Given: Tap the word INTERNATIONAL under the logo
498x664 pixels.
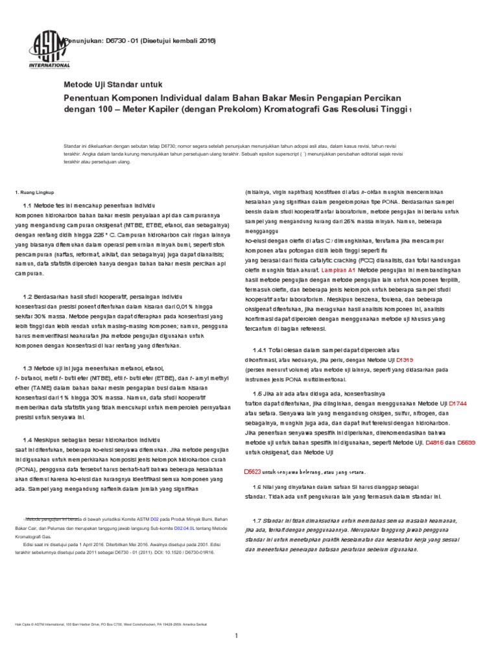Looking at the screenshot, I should pos(50,65).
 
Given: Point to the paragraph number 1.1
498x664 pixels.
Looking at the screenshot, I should pos(27,206).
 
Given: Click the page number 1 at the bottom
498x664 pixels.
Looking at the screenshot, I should pos(246,635).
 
